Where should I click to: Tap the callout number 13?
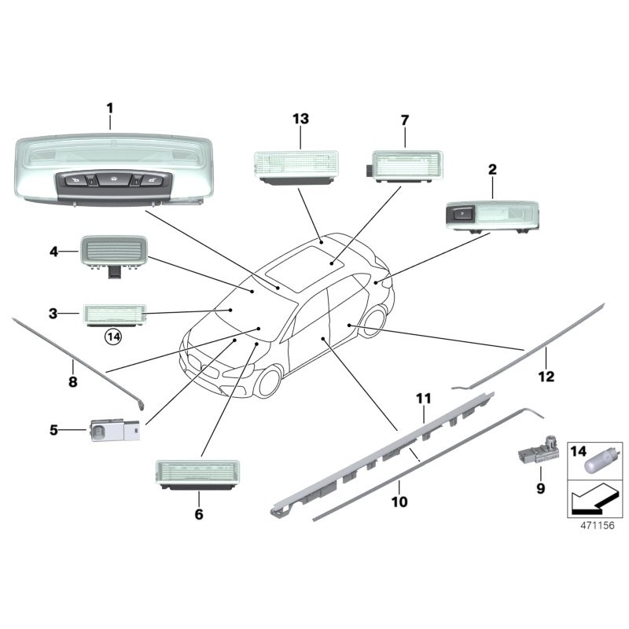[300, 119]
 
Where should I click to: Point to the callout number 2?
[492, 169]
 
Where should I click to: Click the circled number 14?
[114, 337]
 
